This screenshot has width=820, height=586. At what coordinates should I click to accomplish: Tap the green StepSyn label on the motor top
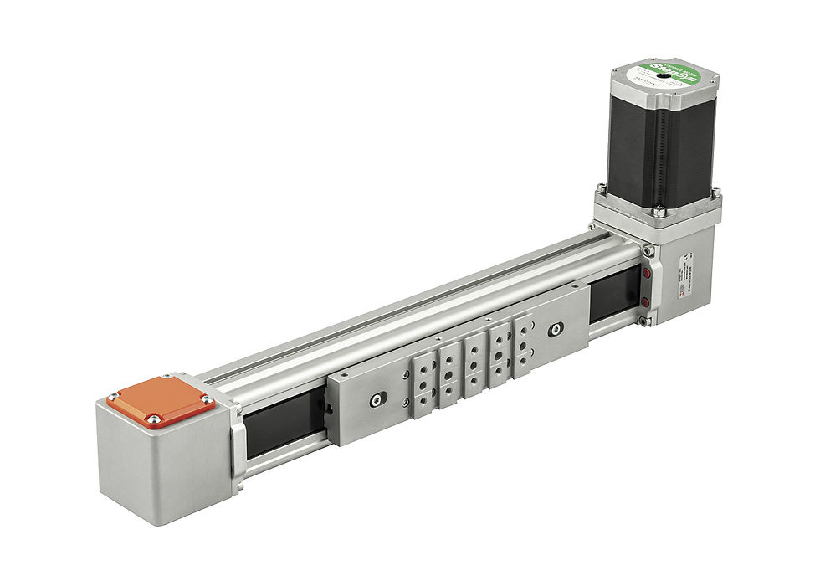tap(665, 71)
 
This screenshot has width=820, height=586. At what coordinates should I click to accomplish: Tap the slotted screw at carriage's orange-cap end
tap(375, 401)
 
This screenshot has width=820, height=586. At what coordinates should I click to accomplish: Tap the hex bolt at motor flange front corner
tap(659, 211)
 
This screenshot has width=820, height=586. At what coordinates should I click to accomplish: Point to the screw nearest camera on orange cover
tap(152, 418)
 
